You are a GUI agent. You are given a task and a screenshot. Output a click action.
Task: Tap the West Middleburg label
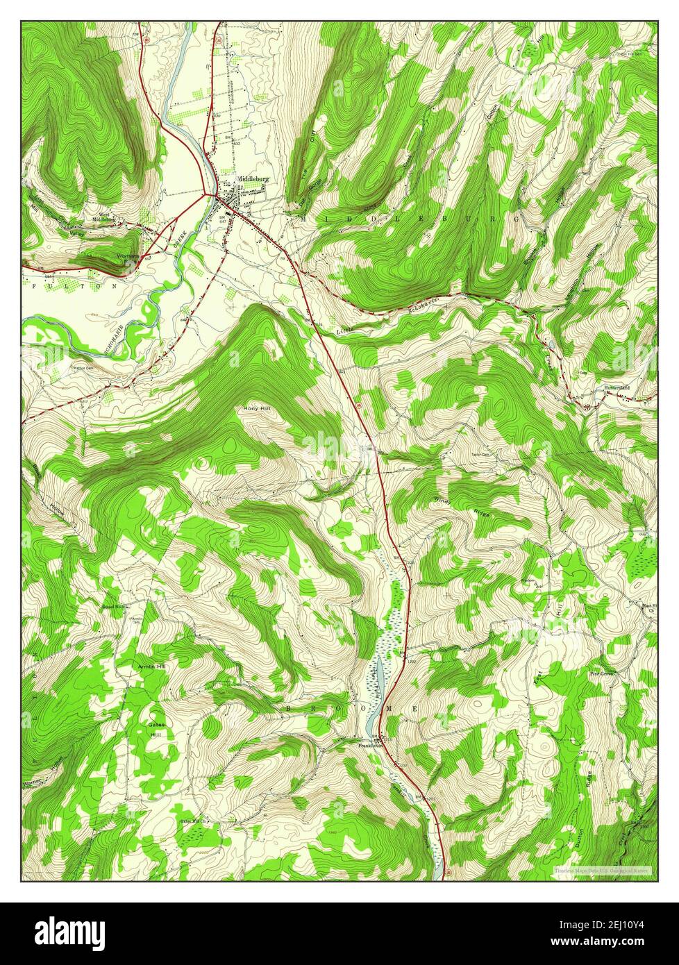104,217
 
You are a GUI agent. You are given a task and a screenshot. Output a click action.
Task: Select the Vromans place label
128,256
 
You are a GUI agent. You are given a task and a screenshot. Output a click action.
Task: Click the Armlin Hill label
151,666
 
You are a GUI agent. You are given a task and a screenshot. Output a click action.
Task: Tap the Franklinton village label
371,746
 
